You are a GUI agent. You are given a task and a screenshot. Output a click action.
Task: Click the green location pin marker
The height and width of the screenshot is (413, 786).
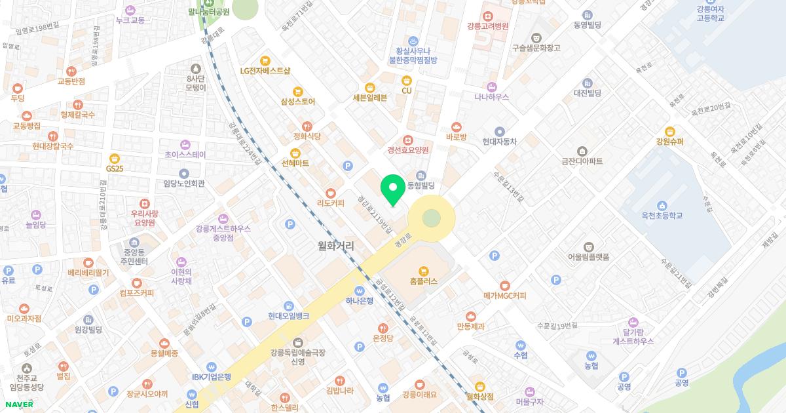(x=393, y=189)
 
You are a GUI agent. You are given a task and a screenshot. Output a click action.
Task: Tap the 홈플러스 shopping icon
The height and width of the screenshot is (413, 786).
(x=424, y=270)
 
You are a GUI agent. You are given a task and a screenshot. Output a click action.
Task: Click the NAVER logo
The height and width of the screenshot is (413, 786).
(x=18, y=404)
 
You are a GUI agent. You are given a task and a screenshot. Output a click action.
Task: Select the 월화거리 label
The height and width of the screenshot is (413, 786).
(x=335, y=246)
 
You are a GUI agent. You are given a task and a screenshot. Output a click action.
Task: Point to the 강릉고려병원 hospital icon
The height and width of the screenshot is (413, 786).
(x=488, y=15)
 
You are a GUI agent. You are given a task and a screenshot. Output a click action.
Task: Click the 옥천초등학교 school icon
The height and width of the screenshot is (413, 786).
(x=662, y=205)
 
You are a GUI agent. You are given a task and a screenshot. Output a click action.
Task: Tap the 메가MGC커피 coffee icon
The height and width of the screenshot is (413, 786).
(x=504, y=285)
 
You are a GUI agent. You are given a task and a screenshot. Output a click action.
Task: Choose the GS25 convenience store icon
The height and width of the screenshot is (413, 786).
(x=115, y=158)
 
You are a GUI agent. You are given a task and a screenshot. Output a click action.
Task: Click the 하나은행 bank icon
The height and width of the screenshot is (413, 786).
(x=359, y=291)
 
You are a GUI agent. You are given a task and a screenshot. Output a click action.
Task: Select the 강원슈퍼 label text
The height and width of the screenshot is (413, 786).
(x=669, y=141)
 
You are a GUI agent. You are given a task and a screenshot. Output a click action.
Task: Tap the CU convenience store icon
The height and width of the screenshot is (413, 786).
(x=407, y=80)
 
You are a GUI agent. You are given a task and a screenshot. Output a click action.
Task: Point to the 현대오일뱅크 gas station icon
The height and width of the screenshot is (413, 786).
(x=289, y=306)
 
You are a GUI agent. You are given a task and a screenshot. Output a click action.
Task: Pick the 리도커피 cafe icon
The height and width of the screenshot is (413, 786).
(x=331, y=193)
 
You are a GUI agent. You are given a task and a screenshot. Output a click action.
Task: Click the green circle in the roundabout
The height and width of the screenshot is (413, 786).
(x=431, y=218)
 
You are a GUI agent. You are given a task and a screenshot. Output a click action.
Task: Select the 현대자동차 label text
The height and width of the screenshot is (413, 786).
(x=500, y=141)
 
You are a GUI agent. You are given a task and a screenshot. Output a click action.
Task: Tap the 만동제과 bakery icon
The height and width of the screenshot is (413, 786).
(x=470, y=316)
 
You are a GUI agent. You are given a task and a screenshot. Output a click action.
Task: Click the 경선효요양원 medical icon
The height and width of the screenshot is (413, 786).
(x=407, y=140)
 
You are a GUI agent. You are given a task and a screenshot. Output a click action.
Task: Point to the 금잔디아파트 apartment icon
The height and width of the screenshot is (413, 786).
(x=582, y=151)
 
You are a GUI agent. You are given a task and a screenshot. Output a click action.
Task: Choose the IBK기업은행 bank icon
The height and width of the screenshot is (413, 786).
(x=211, y=367)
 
